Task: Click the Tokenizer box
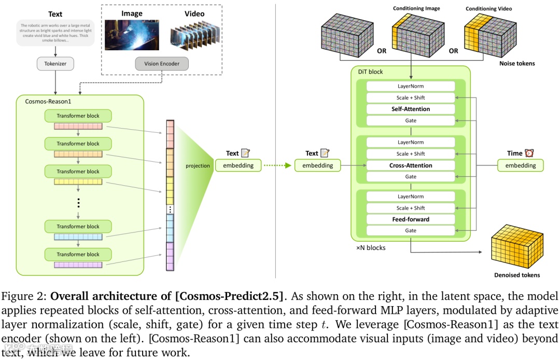pos(55,64)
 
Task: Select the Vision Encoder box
pos(162,64)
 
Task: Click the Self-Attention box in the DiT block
pos(411,109)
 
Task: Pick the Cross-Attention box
pos(411,165)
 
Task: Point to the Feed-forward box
pos(411,219)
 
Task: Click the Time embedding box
pos(521,165)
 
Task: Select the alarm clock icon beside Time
pos(529,153)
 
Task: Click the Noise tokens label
pos(517,63)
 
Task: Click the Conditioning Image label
pos(416,9)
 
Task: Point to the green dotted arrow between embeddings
pos(277,166)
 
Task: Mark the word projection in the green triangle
pos(198,166)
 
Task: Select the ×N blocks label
pos(371,248)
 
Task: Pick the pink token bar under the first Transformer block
pos(78,127)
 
